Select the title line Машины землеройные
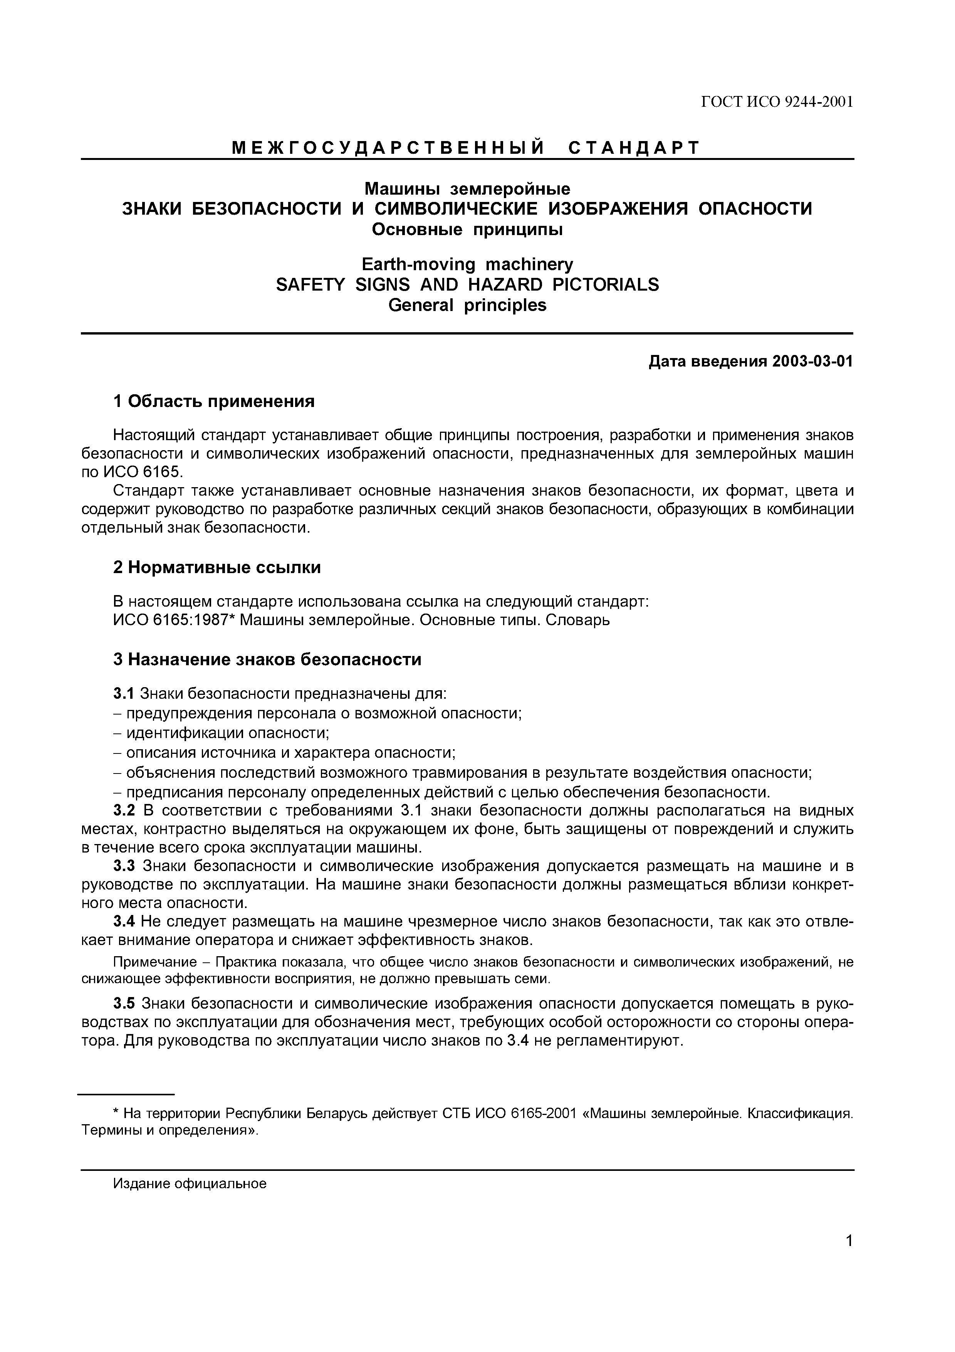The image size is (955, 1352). (467, 189)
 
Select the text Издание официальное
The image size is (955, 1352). (190, 1184)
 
